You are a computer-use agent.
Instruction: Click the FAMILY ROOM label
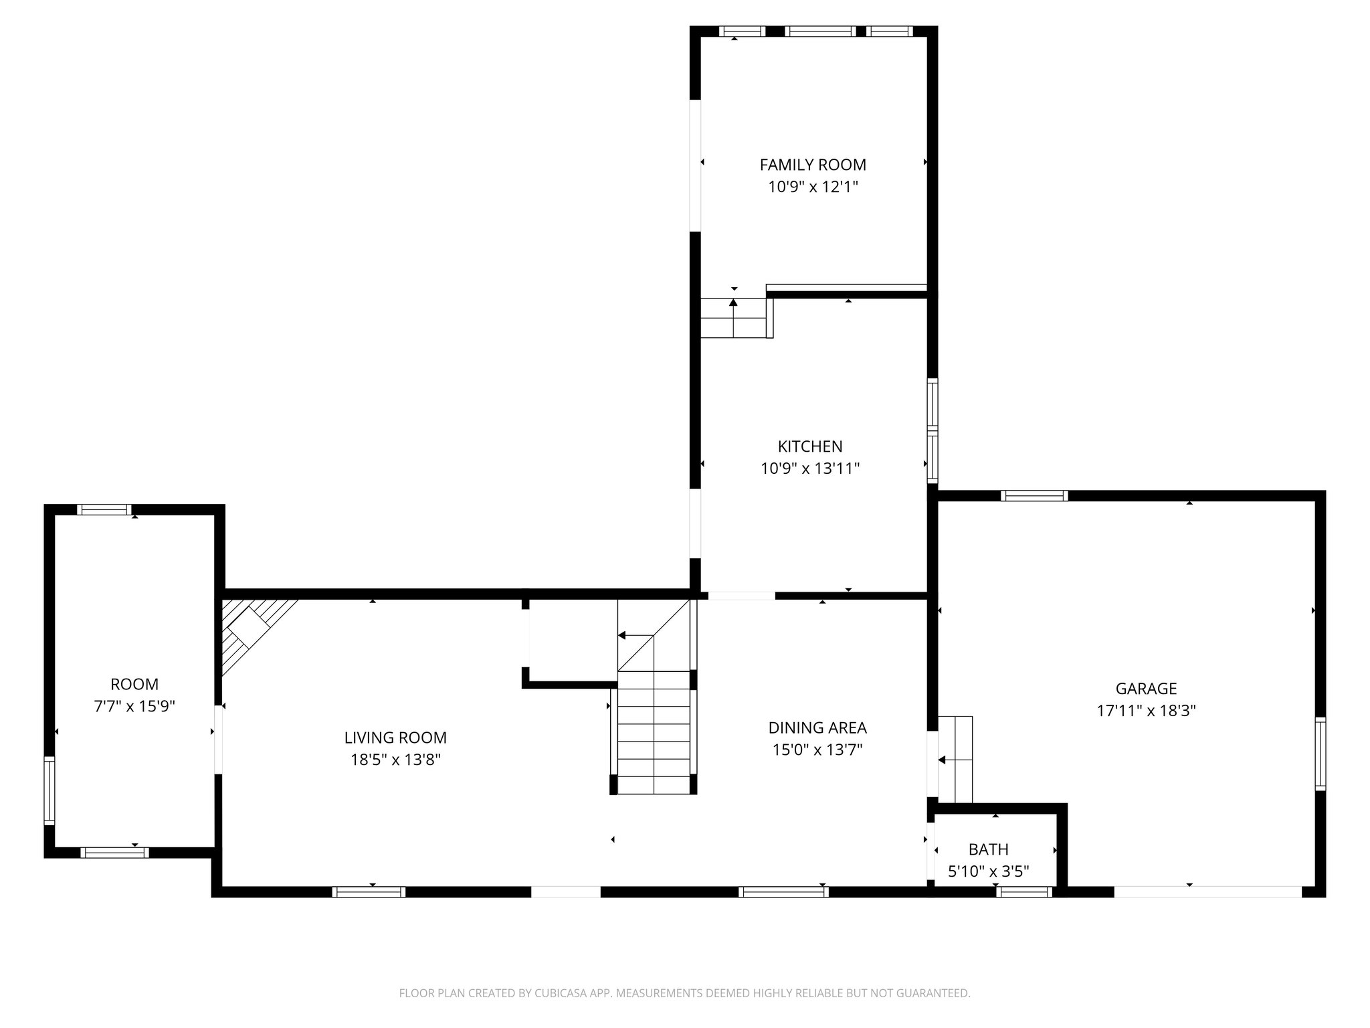pos(812,165)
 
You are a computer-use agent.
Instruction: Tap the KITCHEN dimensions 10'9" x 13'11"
pos(809,468)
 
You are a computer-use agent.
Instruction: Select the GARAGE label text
pos(1145,688)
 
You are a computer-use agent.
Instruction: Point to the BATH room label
pos(988,849)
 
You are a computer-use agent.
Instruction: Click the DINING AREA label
pos(817,727)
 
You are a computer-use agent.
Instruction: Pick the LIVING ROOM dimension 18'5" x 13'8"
pos(395,760)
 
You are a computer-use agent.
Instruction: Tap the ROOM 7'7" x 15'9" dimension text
pos(134,706)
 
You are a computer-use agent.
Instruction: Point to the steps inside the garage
pos(955,759)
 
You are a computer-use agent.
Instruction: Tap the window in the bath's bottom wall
pos(1023,891)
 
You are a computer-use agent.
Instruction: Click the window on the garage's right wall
pos(1320,754)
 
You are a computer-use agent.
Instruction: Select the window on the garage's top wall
pos(1034,496)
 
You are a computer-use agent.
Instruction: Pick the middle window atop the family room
pos(820,31)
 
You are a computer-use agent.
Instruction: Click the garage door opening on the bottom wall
pos(1207,891)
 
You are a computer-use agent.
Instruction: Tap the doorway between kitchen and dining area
pos(741,595)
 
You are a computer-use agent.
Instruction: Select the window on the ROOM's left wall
pos(49,790)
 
